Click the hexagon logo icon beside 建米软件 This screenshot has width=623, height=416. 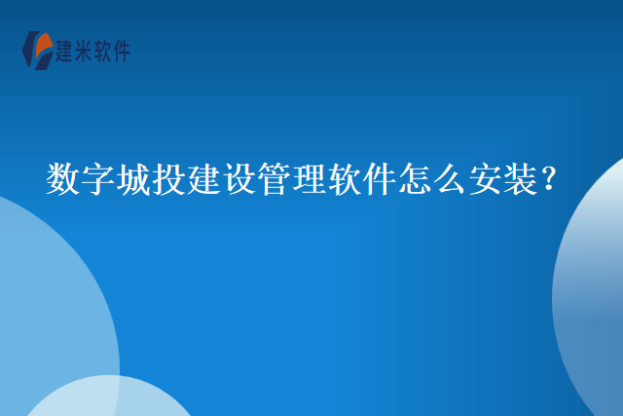[36, 50]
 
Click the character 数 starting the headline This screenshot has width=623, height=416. [64, 181]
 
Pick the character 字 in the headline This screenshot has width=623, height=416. [99, 181]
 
